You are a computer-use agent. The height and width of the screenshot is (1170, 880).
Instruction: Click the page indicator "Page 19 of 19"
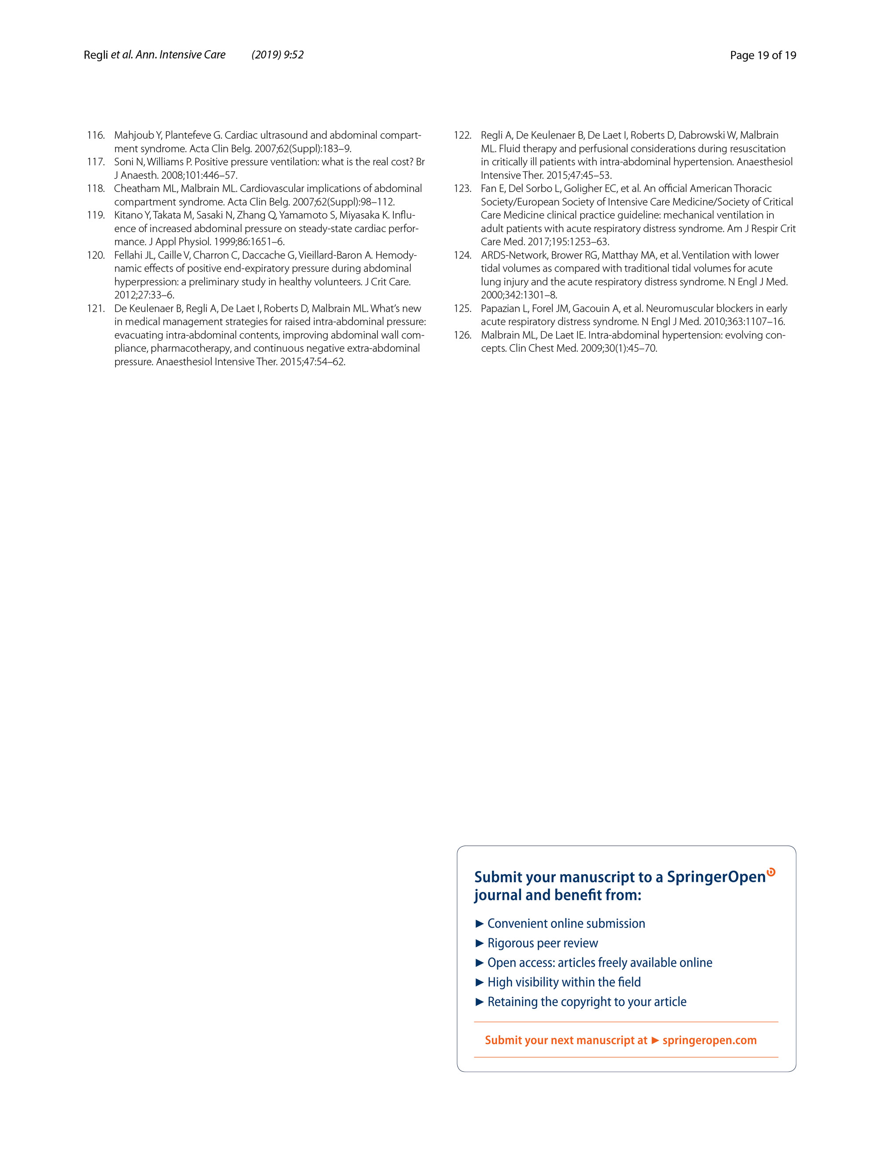click(x=762, y=55)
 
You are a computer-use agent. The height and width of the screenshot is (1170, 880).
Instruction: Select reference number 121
click(x=95, y=308)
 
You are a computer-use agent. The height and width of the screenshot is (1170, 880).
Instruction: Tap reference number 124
click(x=462, y=255)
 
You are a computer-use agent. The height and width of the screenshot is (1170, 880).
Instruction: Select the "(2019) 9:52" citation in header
click(x=278, y=55)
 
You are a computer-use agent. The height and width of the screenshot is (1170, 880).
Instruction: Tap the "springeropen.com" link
click(x=709, y=1040)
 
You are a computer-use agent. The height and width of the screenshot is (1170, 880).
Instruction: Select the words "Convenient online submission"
click(x=566, y=923)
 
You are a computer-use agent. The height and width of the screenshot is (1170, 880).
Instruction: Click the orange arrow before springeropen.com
click(x=655, y=1041)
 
